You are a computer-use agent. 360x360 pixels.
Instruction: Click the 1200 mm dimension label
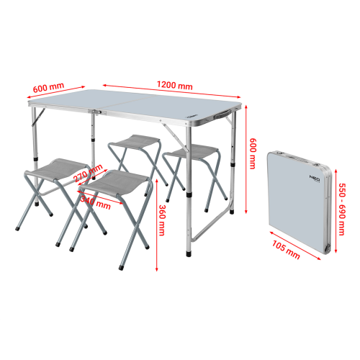[175, 85]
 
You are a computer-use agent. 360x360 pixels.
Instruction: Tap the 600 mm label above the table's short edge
[48, 88]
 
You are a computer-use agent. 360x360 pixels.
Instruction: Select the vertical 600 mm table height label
[252, 153]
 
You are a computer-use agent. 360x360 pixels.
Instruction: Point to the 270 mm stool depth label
[88, 174]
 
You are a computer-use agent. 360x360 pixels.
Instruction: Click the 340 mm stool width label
[96, 203]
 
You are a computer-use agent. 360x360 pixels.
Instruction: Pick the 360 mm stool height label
[162, 220]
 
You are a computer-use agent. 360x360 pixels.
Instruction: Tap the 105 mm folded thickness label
[286, 250]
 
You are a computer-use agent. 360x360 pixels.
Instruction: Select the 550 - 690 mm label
[342, 210]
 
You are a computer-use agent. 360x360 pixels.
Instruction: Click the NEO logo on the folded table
[315, 178]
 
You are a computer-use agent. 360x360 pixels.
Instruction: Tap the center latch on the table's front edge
[96, 112]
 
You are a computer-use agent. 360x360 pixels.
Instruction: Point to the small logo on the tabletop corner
[192, 117]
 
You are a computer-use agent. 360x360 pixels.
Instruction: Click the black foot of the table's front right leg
[189, 254]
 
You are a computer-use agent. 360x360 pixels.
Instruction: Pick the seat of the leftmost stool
[57, 169]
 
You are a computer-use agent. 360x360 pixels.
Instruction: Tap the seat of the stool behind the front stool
[135, 142]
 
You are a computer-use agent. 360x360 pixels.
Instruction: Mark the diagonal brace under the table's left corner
[38, 117]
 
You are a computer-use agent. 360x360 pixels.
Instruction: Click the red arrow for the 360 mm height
[157, 225]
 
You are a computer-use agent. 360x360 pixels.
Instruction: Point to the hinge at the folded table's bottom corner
[327, 248]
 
